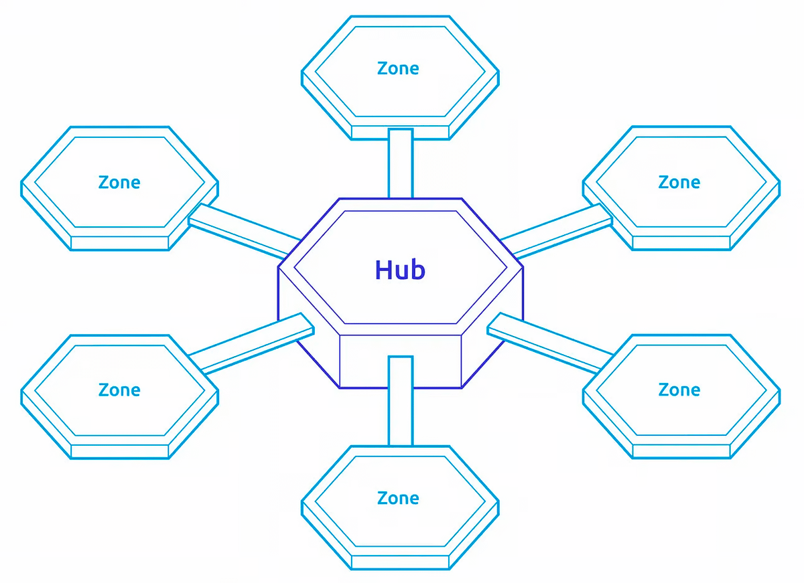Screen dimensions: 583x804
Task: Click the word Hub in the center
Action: [x=400, y=270]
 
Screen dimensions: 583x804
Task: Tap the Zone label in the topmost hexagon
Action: [x=398, y=68]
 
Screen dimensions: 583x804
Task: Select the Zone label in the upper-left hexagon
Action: [x=119, y=182]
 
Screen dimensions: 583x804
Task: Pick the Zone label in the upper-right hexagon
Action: [x=679, y=182]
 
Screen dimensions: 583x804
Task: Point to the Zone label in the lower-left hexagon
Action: [x=119, y=390]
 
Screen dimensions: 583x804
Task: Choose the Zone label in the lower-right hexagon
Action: [x=679, y=390]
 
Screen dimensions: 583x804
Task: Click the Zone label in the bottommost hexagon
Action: [x=398, y=498]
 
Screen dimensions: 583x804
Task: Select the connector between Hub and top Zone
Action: [x=400, y=164]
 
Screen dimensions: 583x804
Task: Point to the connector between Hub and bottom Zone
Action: [x=400, y=402]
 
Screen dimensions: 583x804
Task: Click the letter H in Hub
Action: [x=383, y=269]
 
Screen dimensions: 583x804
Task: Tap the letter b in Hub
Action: [x=417, y=269]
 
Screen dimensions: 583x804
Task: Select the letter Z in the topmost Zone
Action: [x=382, y=68]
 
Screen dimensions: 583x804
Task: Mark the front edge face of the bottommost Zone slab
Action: [x=400, y=563]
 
